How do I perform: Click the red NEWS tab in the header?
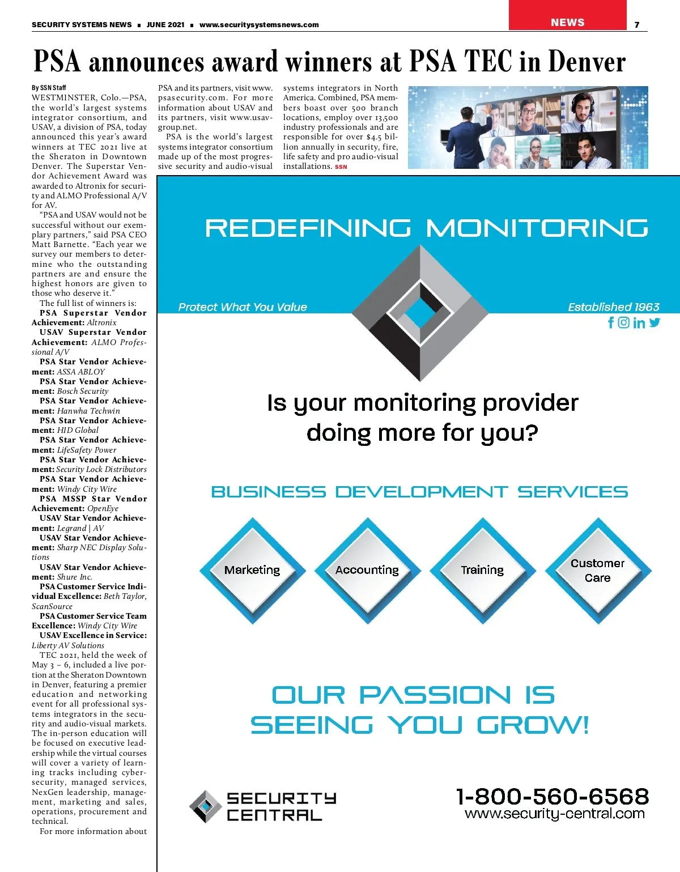[x=567, y=22]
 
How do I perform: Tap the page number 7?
[x=637, y=25]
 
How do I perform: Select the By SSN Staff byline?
[x=49, y=88]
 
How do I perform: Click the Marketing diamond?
[x=252, y=570]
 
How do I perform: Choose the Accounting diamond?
[x=367, y=570]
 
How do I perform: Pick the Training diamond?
[x=482, y=570]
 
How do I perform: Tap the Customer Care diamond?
[x=598, y=571]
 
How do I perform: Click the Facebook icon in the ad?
[x=611, y=322]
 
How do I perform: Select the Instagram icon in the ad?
[x=624, y=322]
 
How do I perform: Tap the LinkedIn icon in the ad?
[x=639, y=323]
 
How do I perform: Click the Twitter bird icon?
[x=655, y=322]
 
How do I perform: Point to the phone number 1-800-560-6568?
[x=552, y=796]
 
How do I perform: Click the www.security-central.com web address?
[x=554, y=814]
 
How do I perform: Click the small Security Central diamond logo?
[x=205, y=806]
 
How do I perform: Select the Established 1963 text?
[x=614, y=307]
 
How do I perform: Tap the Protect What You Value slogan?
[x=243, y=307]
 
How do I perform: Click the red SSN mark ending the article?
[x=341, y=167]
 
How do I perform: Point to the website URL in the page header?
[x=259, y=25]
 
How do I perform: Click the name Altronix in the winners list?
[x=102, y=322]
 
